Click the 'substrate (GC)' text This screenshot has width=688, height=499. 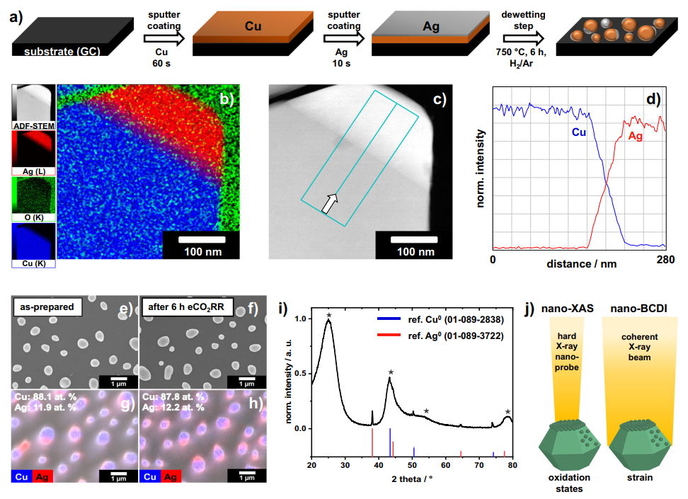(x=62, y=52)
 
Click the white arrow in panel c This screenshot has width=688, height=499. (x=328, y=203)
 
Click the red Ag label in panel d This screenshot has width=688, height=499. (x=635, y=136)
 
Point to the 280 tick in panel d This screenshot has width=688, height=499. (x=665, y=260)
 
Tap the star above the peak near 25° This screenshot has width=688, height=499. (x=328, y=314)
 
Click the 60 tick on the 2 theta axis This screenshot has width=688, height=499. (x=445, y=465)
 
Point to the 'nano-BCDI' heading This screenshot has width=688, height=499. (x=633, y=308)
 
